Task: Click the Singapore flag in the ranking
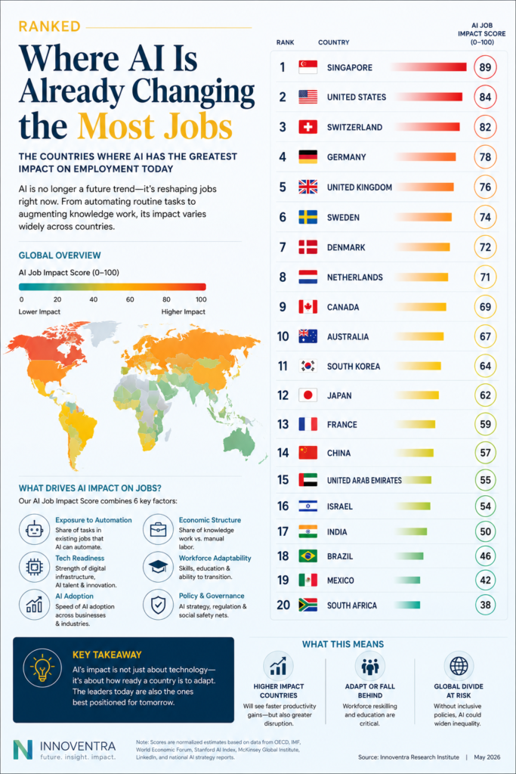(x=307, y=67)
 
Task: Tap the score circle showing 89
(x=485, y=67)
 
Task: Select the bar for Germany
(x=425, y=157)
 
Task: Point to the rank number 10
(x=283, y=336)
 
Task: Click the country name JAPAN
(x=339, y=395)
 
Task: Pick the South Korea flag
(x=307, y=366)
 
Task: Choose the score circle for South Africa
(x=485, y=605)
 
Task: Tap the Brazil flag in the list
(x=307, y=556)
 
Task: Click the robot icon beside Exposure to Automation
(x=34, y=529)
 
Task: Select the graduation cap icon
(x=158, y=567)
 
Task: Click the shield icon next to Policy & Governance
(x=158, y=605)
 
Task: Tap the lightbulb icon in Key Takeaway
(x=42, y=668)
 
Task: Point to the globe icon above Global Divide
(x=459, y=665)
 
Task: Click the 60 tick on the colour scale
(x=130, y=299)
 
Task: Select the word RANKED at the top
(x=49, y=26)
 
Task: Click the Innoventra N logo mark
(x=23, y=749)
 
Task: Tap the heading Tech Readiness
(x=80, y=558)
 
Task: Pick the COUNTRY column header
(x=333, y=42)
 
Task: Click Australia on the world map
(x=240, y=441)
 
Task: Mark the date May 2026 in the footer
(x=487, y=757)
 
